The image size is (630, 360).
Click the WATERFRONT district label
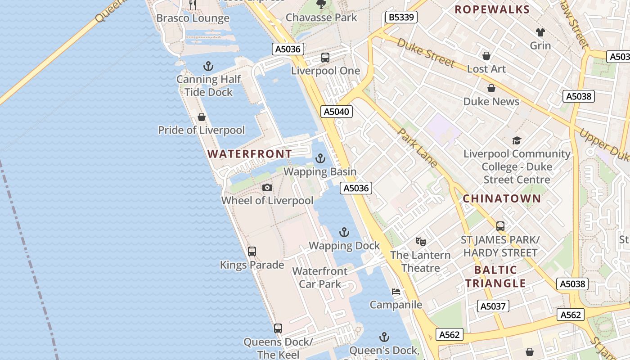[249, 154]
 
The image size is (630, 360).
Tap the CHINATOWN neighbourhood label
[502, 198]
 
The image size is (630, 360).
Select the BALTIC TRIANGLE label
[495, 276]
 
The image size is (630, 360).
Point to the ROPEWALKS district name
[492, 9]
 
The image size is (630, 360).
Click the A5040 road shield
[336, 112]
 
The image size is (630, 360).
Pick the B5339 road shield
[401, 18]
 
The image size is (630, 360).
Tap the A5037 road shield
[493, 306]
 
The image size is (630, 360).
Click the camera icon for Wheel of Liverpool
[267, 187]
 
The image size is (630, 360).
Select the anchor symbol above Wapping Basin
[320, 158]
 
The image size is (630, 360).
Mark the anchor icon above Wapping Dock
[344, 233]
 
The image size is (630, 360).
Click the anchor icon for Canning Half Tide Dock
[208, 67]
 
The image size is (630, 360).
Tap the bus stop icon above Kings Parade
[252, 252]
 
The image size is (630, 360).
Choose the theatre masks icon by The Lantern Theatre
[420, 242]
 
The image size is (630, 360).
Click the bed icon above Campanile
[396, 292]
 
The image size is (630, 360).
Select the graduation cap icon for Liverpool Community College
[517, 141]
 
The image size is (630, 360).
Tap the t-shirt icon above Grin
[540, 32]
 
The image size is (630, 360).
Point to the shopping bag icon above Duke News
[491, 88]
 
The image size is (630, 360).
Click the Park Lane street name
[418, 148]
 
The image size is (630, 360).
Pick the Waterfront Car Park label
[319, 278]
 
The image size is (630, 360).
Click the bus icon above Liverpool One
[325, 58]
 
